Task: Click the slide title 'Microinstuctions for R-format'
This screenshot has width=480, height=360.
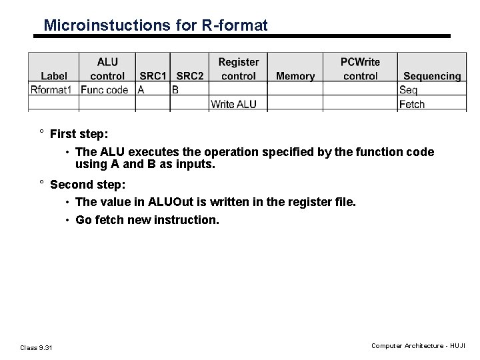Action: [155, 25]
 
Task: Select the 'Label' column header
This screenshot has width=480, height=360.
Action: [53, 76]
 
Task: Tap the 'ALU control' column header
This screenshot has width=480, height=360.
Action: [107, 69]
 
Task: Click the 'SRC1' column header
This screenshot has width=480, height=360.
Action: [153, 76]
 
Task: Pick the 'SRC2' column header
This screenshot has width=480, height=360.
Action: [190, 76]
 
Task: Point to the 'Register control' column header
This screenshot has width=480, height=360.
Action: [239, 69]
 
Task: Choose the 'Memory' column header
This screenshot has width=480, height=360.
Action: [295, 76]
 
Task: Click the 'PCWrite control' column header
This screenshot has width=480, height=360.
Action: [360, 69]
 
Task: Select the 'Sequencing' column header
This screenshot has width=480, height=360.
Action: [432, 76]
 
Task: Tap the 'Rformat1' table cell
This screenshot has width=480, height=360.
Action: [51, 89]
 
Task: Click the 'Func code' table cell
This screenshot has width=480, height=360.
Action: [105, 89]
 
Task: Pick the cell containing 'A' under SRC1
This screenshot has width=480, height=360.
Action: [142, 89]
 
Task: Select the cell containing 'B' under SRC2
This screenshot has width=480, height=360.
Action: [175, 89]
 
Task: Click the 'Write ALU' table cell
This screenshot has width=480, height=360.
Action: [233, 104]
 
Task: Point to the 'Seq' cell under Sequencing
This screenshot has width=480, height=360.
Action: [409, 89]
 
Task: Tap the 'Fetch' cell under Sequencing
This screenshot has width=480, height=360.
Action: [412, 104]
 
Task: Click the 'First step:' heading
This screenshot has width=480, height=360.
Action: [79, 133]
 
